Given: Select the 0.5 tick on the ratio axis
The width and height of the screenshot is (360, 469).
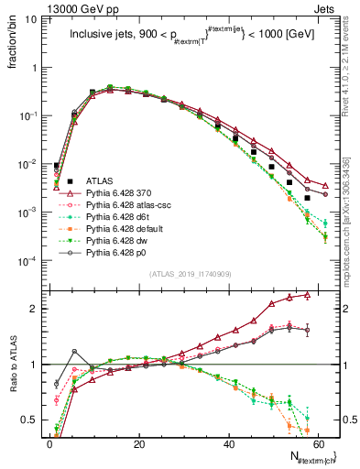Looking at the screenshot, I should point(31,421).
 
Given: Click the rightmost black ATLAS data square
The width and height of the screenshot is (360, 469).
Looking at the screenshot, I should point(308,198).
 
